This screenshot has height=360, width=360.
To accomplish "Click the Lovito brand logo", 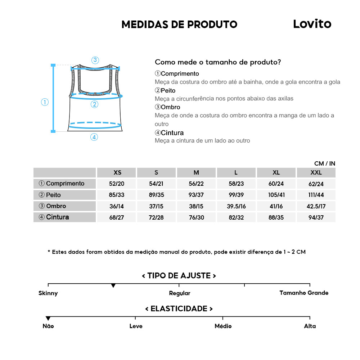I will [312, 24].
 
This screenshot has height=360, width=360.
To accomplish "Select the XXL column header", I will [316, 172].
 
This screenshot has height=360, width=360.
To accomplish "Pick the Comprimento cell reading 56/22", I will [196, 184].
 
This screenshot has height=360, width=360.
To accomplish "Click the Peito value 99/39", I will [236, 195].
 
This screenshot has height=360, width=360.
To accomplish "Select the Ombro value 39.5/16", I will [236, 206].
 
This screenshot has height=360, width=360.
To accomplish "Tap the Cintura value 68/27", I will [116, 217].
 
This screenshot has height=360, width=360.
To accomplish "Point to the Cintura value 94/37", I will [316, 217].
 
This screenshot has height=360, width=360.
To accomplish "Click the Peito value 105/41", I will [276, 195].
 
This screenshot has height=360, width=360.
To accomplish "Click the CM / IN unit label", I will [324, 163].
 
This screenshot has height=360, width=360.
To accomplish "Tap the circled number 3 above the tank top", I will [95, 60].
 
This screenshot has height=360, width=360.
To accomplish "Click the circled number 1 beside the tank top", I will [45, 102].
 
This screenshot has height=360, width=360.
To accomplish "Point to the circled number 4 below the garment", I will [94, 137].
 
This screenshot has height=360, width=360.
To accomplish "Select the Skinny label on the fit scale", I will [48, 293].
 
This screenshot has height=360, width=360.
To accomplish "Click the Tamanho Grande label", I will [304, 293].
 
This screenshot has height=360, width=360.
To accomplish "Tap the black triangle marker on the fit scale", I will [113, 286].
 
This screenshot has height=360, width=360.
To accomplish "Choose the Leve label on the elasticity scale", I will [136, 326].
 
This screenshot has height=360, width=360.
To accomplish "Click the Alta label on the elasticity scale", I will [310, 326].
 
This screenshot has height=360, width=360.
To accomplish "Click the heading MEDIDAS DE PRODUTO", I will [179, 24].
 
